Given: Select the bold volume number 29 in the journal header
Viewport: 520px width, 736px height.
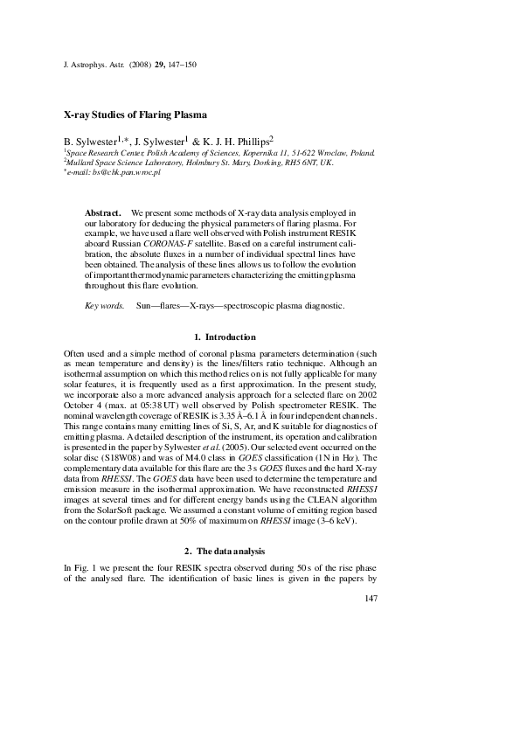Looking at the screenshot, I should point(160,65).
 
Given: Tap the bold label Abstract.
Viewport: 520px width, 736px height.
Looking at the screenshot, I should point(102,213).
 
